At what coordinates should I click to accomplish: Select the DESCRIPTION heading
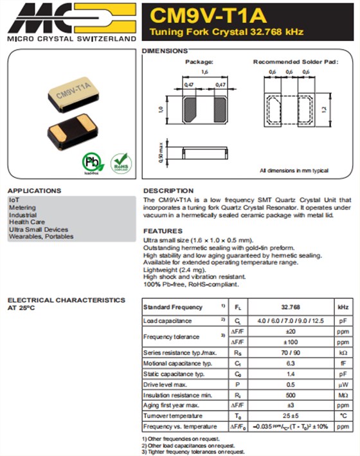[x=168, y=191]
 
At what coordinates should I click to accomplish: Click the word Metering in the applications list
[x=22, y=207]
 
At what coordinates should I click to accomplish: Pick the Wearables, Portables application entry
[x=41, y=236]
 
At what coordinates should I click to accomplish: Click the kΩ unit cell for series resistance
[x=342, y=353]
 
